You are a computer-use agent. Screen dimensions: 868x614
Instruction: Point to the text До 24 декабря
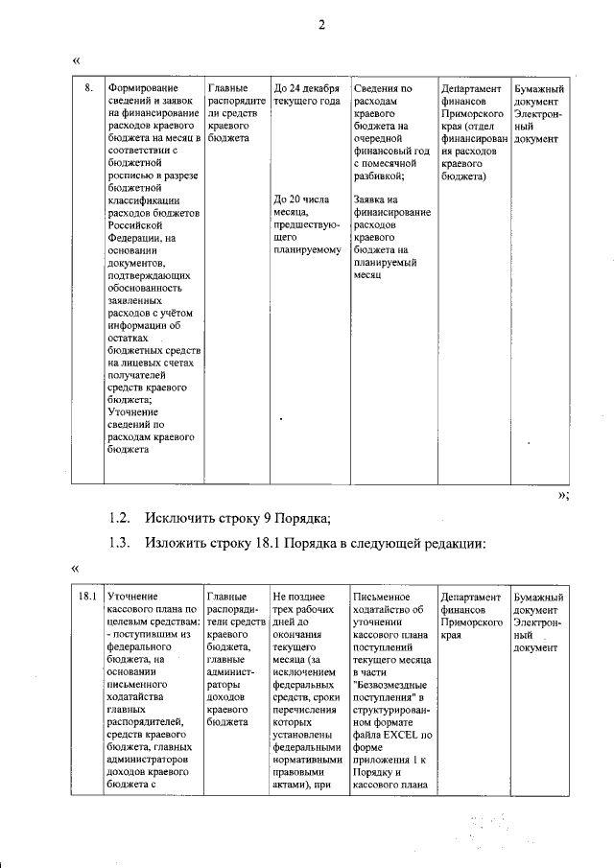point(307,88)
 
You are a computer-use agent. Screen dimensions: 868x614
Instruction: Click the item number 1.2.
point(119,520)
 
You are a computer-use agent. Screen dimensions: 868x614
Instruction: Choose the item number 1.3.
point(119,544)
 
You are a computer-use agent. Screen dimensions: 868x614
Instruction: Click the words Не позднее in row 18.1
point(299,598)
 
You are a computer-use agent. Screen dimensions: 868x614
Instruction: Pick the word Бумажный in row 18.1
point(538,598)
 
